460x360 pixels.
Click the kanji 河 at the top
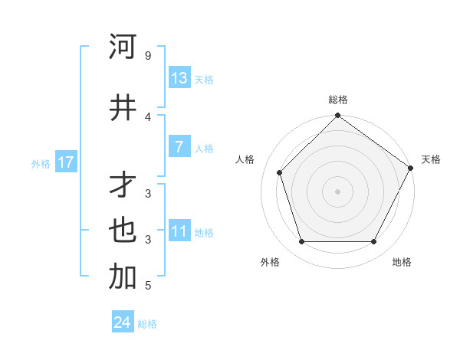[x=123, y=47]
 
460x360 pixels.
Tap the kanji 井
[x=123, y=106]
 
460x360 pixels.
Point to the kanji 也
[x=123, y=231]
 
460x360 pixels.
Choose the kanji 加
[x=123, y=277]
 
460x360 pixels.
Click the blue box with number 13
[x=179, y=78]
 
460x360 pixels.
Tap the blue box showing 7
[x=179, y=147]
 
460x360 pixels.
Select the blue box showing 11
[x=179, y=231]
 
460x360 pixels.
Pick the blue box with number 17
[x=66, y=162]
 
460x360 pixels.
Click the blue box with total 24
[x=123, y=322]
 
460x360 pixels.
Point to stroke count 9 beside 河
[x=148, y=56]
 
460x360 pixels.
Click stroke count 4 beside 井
[x=148, y=116]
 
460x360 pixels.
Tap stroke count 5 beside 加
[x=148, y=286]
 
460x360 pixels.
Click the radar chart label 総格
[x=338, y=100]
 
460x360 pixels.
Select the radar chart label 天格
[x=431, y=159]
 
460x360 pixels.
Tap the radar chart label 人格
[x=245, y=159]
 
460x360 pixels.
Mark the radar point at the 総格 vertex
[x=337, y=116]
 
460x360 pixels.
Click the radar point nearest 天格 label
[x=410, y=168]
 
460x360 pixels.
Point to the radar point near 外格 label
[x=301, y=242]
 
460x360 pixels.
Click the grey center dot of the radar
[x=337, y=191]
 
